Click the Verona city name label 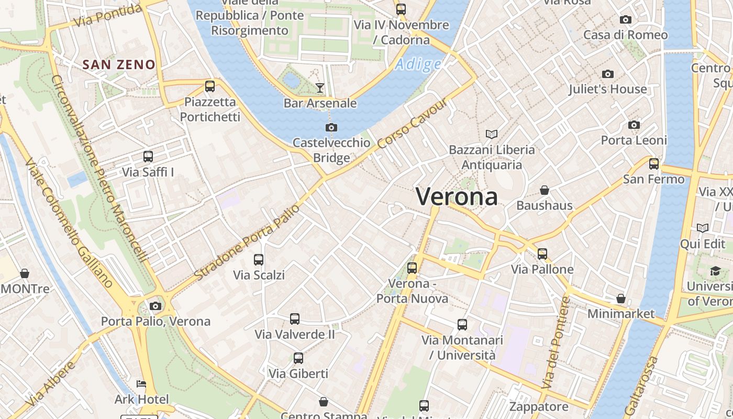click(x=457, y=196)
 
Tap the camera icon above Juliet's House click(x=608, y=74)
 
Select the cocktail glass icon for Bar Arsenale click(x=320, y=87)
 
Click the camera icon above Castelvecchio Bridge click(x=331, y=127)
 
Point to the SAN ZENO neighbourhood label click(x=119, y=64)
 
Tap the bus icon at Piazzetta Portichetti click(x=210, y=86)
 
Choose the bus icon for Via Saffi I click(x=148, y=156)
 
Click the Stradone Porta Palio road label click(x=247, y=242)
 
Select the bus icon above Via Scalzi click(x=259, y=259)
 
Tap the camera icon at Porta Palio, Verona click(x=156, y=306)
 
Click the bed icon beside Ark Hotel click(x=141, y=384)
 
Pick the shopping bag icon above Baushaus click(x=545, y=190)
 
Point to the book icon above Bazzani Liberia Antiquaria click(x=491, y=134)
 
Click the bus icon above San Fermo click(x=654, y=163)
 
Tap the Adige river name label click(x=418, y=64)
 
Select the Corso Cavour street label click(x=414, y=124)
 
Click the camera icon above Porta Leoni click(x=634, y=125)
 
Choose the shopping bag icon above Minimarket click(x=621, y=299)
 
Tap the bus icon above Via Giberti click(x=298, y=358)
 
